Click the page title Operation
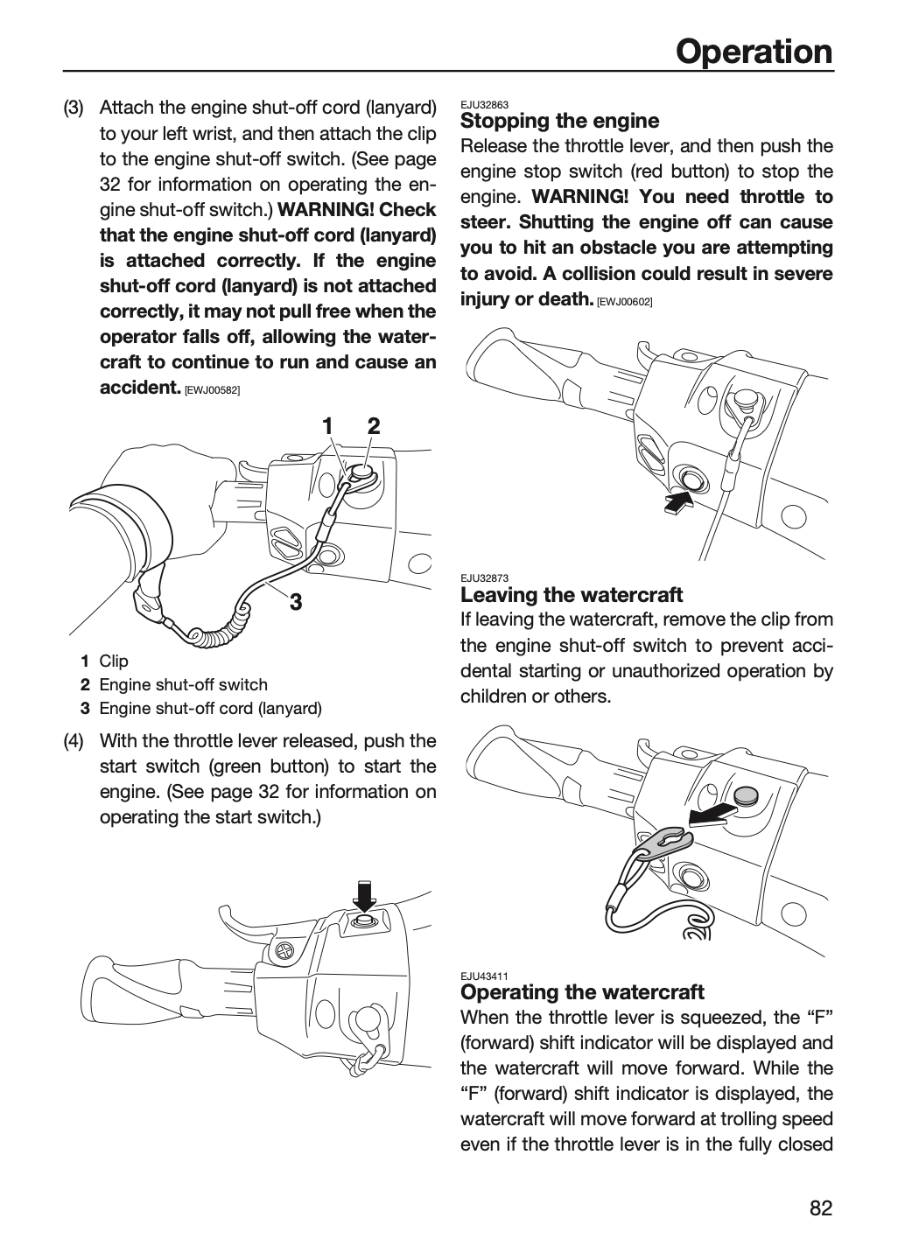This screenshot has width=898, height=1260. click(x=754, y=52)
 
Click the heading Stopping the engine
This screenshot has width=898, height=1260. click(x=560, y=121)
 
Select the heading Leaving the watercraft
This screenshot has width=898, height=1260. click(x=572, y=595)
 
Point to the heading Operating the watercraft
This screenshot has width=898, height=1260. click(x=582, y=991)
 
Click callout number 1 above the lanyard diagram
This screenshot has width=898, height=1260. click(x=327, y=426)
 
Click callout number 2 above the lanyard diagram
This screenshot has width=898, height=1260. click(x=374, y=426)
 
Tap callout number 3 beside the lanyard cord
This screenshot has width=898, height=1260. click(x=296, y=602)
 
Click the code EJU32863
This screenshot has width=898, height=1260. click(x=485, y=105)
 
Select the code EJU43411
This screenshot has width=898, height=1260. click(x=485, y=976)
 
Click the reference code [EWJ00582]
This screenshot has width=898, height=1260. click(x=213, y=390)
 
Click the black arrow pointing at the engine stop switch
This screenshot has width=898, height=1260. click(x=677, y=500)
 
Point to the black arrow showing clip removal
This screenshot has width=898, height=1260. click(x=712, y=815)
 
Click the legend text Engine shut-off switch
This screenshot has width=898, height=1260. click(x=184, y=684)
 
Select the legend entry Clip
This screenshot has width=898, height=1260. click(x=114, y=661)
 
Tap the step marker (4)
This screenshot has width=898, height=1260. click(x=74, y=741)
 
